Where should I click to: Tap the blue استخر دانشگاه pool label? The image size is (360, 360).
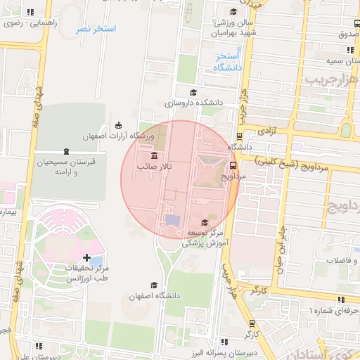pyautogui.click(x=227, y=62)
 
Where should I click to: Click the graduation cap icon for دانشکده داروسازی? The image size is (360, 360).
pyautogui.click(x=193, y=92)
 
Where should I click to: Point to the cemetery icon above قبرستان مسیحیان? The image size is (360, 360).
pyautogui.click(x=66, y=151)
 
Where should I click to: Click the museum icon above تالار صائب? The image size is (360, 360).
pyautogui.click(x=154, y=155)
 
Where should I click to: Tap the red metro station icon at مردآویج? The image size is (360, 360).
pyautogui.click(x=233, y=165)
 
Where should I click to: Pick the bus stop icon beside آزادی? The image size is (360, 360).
pyautogui.click(x=240, y=136)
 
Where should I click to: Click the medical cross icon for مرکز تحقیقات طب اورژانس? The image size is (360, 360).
pyautogui.click(x=86, y=259)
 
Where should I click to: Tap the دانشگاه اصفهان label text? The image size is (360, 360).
pyautogui.click(x=150, y=297)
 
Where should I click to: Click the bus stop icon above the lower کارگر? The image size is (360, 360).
pyautogui.click(x=252, y=323)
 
